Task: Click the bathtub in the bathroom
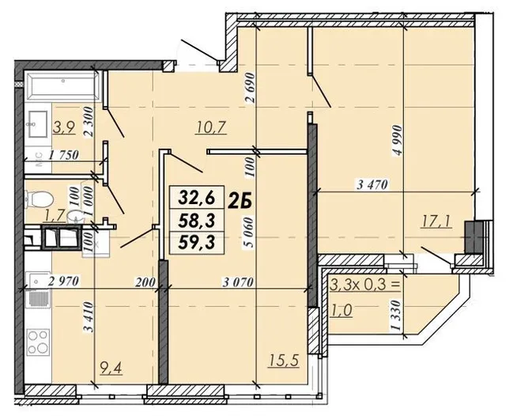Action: point(62,85)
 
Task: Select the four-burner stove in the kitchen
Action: point(38,342)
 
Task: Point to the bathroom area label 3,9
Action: point(64,127)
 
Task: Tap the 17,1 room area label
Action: point(437,221)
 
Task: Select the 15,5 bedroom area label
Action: point(284,360)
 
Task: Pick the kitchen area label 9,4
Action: point(111,368)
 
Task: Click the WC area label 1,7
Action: point(55,214)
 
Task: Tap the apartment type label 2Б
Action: point(240,202)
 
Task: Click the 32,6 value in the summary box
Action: point(197,198)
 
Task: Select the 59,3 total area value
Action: point(197,243)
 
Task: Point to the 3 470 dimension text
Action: point(372,184)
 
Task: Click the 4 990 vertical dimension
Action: point(398,141)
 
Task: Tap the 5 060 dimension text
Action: point(250,233)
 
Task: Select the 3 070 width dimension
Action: point(238,282)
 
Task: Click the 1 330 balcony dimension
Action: point(396,315)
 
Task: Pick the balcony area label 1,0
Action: point(342,310)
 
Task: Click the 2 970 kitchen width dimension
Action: point(63,282)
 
